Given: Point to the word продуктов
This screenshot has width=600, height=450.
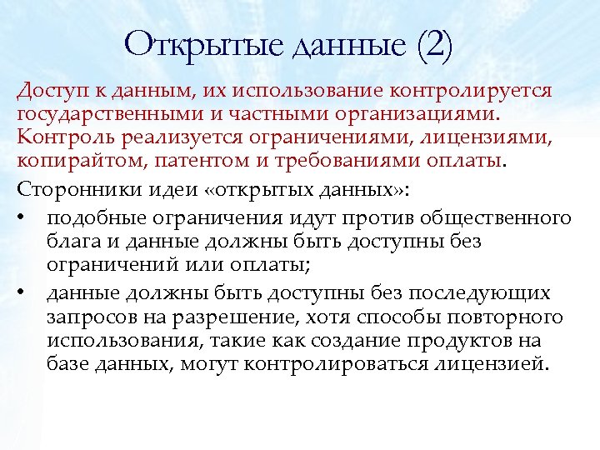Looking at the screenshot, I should [470, 340].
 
